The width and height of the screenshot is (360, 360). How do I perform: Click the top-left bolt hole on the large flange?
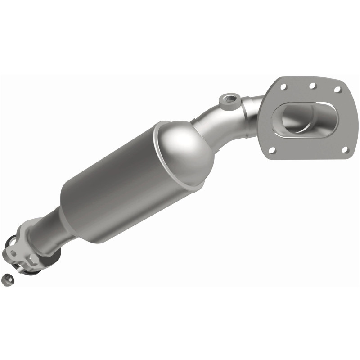point(283,84)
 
